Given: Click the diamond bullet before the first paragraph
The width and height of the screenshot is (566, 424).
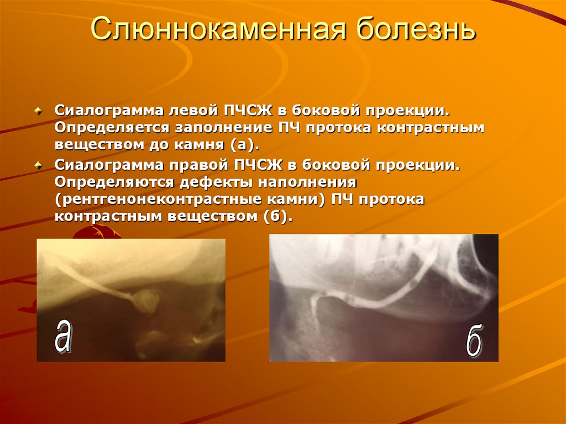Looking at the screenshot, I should click(38, 110).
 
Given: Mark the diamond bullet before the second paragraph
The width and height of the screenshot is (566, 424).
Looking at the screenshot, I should click(38, 165).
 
